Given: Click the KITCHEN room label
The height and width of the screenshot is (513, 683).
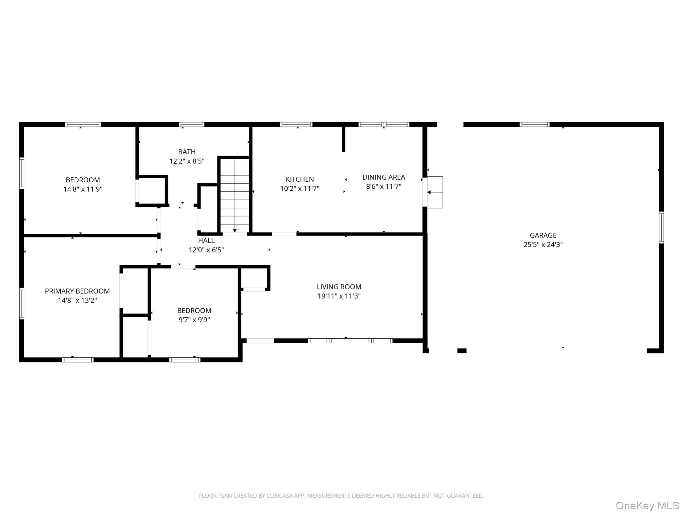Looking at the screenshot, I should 299,179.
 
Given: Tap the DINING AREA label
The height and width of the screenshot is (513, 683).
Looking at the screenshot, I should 384,177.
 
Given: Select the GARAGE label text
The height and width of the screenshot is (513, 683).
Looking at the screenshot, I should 543,235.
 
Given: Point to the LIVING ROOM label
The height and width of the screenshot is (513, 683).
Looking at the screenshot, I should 339,287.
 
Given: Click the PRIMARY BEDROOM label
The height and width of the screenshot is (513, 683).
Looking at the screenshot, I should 77,291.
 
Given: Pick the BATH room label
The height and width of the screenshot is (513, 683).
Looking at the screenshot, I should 187,152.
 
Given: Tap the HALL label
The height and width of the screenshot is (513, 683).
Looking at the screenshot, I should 206,240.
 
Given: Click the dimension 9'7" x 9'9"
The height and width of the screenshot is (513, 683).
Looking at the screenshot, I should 194,320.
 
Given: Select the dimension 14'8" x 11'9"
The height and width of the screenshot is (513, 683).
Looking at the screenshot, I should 83,189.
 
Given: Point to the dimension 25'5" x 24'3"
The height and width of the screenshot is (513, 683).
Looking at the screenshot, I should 543,244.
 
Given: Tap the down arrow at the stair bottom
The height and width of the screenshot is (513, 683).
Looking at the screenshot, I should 235,230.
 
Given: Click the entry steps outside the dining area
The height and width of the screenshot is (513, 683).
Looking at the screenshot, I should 435,192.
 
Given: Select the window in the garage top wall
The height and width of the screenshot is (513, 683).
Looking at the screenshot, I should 534,125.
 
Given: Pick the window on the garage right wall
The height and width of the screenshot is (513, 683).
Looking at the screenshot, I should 661,227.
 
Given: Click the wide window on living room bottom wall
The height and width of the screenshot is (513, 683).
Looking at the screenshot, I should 350,341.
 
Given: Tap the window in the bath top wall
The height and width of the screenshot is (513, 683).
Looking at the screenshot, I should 191,125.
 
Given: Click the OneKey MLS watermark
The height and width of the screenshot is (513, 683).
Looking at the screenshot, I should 647,505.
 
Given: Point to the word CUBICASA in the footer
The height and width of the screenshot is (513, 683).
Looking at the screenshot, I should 279,496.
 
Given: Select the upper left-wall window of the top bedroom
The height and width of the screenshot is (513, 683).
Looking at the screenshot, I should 22,173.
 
